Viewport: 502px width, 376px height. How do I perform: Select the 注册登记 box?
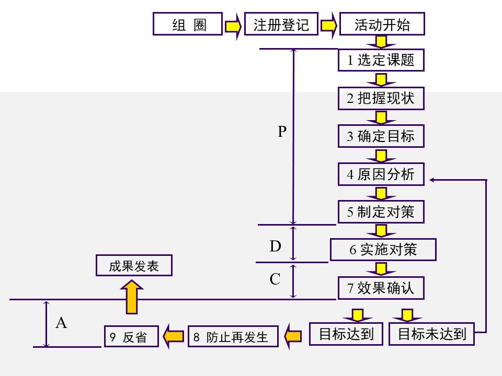281,25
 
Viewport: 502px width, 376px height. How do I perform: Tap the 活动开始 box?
381,25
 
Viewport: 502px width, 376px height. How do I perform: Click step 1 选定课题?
381,60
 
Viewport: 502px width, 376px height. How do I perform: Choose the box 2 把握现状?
381,98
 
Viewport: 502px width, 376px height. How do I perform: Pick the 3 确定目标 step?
381,136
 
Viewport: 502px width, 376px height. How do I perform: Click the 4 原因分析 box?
381,174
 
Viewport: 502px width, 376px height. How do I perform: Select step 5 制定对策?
381,212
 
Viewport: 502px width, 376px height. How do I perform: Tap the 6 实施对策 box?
383,250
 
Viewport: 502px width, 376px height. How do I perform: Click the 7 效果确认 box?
381,288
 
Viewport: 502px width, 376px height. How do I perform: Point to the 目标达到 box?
346,334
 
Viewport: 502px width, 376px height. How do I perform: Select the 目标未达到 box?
431,334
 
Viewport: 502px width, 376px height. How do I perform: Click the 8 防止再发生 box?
226,336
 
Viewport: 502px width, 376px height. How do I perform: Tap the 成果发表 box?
134,266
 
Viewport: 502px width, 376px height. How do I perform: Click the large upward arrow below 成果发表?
133,297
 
